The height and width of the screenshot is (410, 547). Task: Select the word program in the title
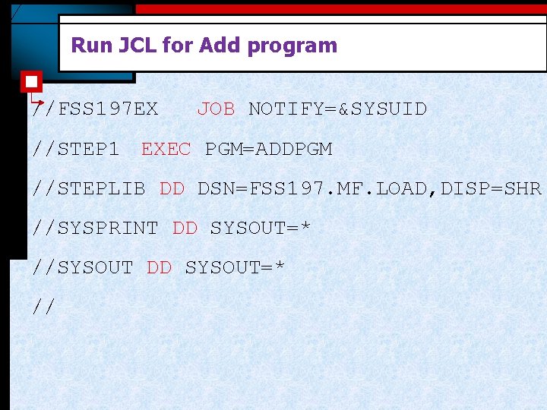click(292, 46)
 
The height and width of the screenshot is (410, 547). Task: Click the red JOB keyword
click(216, 109)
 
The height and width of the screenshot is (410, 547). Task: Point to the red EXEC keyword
click(166, 149)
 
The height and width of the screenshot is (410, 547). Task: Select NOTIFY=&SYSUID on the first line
click(337, 109)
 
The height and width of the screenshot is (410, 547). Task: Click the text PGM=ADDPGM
click(268, 149)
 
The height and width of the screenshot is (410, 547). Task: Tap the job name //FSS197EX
click(96, 109)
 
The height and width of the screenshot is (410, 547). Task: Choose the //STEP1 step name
click(76, 149)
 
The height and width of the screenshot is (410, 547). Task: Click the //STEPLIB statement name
click(89, 188)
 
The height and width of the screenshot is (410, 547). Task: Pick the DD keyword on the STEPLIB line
click(172, 188)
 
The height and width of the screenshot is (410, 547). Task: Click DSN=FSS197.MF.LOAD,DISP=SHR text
click(369, 188)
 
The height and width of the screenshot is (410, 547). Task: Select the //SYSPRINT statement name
click(96, 228)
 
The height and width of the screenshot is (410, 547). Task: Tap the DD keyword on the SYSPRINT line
click(185, 228)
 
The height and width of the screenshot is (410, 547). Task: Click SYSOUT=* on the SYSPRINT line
click(261, 228)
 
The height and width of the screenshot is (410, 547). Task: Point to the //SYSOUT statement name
click(83, 267)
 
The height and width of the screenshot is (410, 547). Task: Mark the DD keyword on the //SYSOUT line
click(159, 267)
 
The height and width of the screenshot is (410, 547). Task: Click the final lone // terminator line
click(45, 307)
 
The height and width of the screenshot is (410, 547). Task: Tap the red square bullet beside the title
click(31, 80)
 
